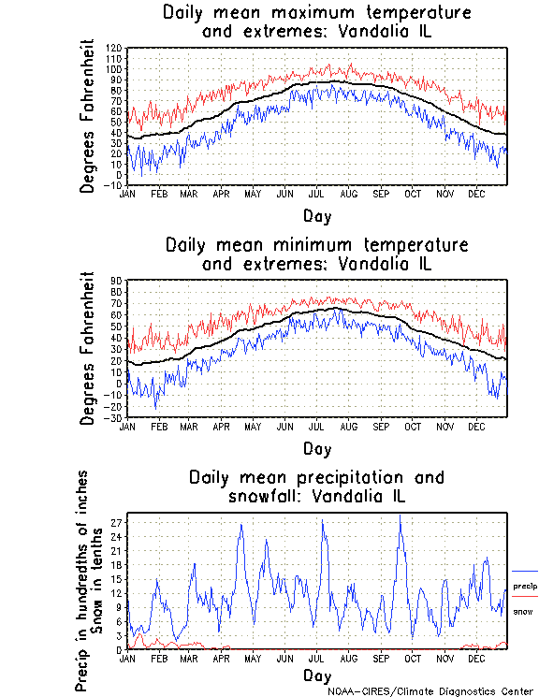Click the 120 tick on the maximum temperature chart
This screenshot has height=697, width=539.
(x=115, y=48)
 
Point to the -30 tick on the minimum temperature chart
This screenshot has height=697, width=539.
(x=115, y=417)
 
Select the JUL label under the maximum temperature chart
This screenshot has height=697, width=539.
(x=316, y=194)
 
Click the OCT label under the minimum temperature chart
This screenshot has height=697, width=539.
(x=413, y=426)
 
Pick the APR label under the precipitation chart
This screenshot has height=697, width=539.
(x=221, y=658)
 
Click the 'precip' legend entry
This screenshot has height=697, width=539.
(x=525, y=586)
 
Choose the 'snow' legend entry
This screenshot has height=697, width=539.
(x=523, y=611)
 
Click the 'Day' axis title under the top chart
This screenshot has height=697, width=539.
(x=316, y=215)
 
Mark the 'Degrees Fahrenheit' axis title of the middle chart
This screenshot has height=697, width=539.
(x=88, y=347)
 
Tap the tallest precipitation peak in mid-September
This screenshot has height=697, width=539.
(x=400, y=515)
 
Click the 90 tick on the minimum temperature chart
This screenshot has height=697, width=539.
(x=117, y=280)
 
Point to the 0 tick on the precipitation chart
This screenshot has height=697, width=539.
(x=119, y=649)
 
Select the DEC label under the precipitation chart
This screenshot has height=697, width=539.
(x=476, y=658)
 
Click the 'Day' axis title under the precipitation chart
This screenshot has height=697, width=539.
(x=316, y=675)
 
